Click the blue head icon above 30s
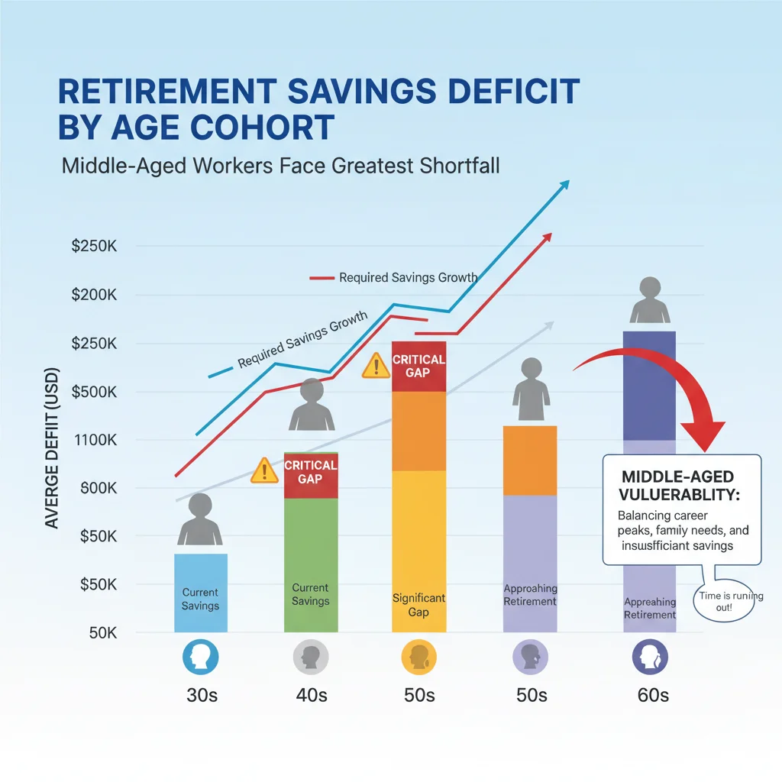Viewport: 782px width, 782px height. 201,655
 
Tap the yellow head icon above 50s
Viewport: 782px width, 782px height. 418,655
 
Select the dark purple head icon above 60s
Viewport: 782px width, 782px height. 650,655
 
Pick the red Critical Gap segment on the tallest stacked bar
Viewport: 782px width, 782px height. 418,367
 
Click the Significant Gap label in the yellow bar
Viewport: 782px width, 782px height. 418,605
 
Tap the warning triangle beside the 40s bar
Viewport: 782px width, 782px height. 264,471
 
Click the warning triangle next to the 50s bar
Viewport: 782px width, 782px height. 376,366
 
